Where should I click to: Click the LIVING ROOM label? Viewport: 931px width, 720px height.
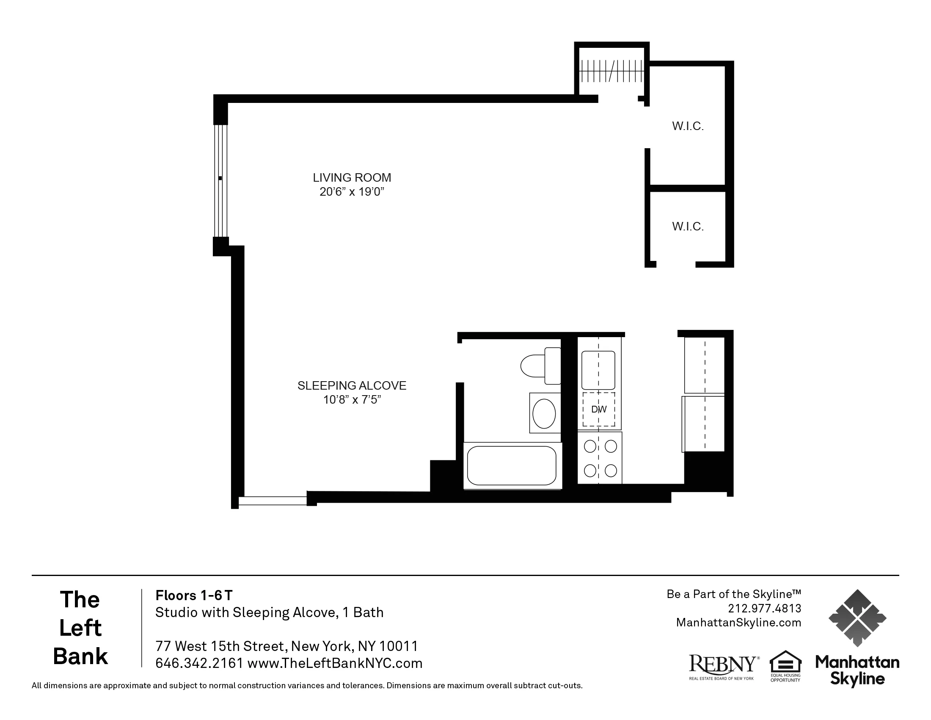click(x=352, y=177)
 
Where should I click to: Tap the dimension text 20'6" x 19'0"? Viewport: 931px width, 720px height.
click(x=352, y=192)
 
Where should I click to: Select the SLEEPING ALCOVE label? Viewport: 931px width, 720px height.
click(x=352, y=385)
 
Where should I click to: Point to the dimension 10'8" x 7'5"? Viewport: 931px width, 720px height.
click(x=352, y=400)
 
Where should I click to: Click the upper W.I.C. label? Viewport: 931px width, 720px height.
click(x=688, y=126)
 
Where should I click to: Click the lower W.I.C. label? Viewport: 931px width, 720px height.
click(x=688, y=227)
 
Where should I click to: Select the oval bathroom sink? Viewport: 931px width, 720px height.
click(x=544, y=413)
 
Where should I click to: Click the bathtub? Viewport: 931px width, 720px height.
click(x=512, y=466)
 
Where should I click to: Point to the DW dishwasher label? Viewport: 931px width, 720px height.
click(x=599, y=410)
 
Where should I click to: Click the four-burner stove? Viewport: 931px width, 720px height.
click(x=600, y=458)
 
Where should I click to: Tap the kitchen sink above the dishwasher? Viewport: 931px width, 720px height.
click(x=598, y=370)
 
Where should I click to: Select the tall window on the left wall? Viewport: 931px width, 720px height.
click(x=220, y=180)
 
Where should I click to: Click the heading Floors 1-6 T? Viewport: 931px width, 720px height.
click(x=194, y=595)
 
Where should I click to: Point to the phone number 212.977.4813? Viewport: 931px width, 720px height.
click(x=764, y=608)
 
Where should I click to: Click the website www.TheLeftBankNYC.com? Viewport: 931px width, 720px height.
click(x=335, y=663)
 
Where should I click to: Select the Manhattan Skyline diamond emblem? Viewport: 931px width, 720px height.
click(x=857, y=618)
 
